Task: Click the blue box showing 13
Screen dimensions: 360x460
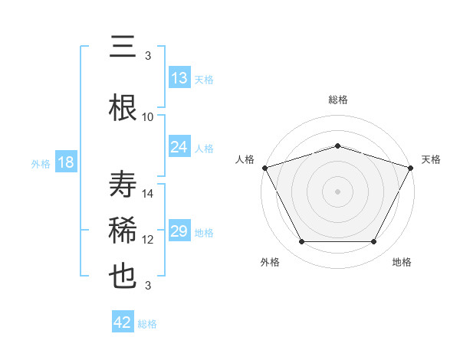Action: pyautogui.click(x=179, y=78)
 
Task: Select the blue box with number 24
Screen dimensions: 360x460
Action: pyautogui.click(x=179, y=147)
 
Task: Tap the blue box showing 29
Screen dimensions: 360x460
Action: pyautogui.click(x=179, y=232)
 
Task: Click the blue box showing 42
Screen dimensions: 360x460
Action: pyautogui.click(x=123, y=322)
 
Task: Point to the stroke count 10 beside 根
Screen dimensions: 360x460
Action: pyautogui.click(x=148, y=117)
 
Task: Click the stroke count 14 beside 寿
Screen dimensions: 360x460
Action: pyautogui.click(x=148, y=194)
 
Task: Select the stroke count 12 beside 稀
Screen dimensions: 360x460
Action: pyautogui.click(x=148, y=240)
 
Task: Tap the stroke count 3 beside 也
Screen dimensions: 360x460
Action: pyautogui.click(x=148, y=286)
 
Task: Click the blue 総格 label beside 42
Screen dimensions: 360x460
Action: pyautogui.click(x=147, y=324)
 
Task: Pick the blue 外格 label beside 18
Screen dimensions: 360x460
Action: pyautogui.click(x=40, y=164)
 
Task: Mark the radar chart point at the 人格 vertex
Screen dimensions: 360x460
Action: pyautogui.click(x=264, y=168)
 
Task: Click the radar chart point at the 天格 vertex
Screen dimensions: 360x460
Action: pyautogui.click(x=411, y=168)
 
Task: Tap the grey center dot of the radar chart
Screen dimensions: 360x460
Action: pyautogui.click(x=337, y=191)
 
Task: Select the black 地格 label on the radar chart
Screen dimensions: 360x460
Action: pyautogui.click(x=402, y=262)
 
